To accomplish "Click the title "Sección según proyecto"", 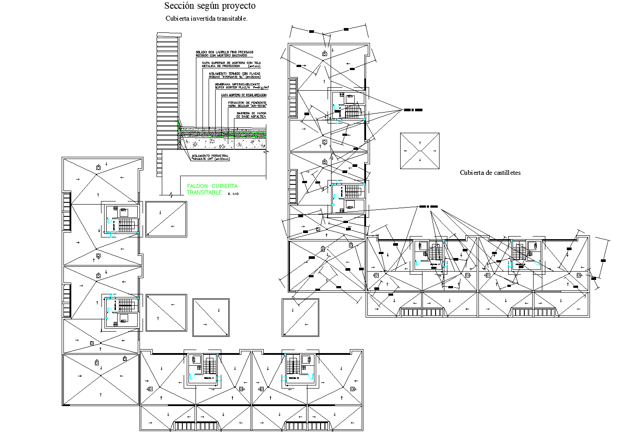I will click(209, 6).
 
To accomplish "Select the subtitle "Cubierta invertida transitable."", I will click(206, 18).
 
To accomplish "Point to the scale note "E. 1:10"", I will click(234, 193).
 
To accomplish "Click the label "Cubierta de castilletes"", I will click(490, 173).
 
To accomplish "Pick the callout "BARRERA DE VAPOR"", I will click(251, 113).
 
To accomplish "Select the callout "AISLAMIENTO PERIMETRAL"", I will click(209, 156).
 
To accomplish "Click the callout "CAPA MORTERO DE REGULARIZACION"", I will click(244, 95).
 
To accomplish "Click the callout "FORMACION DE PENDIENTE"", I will click(247, 103).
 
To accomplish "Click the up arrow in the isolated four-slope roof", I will click(420, 143).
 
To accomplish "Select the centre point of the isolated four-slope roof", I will click(420, 151).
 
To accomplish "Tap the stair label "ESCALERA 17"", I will click(209, 378).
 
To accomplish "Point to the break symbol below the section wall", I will click(171, 193).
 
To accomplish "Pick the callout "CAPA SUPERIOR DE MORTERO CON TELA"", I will click(231, 63).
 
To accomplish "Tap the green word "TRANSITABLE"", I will click(204, 193).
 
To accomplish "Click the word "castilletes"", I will click(505, 173).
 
